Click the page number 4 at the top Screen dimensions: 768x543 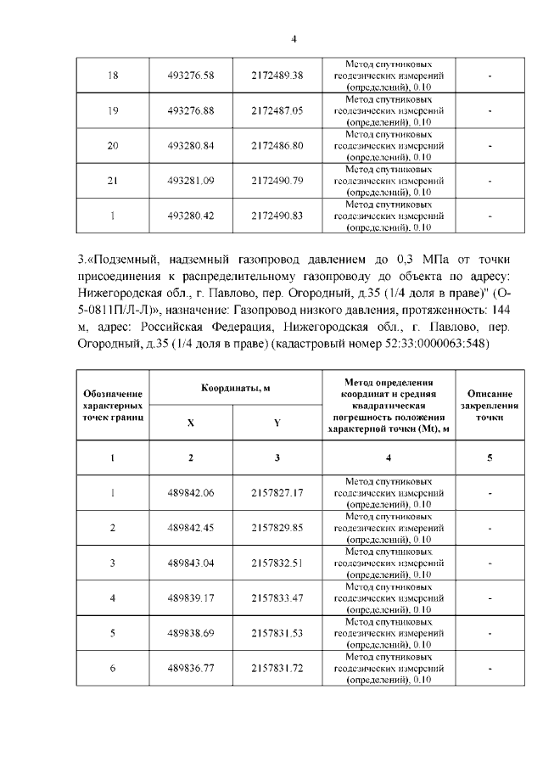[294, 37]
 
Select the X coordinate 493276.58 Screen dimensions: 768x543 [191, 76]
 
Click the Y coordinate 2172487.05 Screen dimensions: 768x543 [277, 110]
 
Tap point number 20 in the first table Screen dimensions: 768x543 [112, 145]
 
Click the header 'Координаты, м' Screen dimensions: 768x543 [235, 388]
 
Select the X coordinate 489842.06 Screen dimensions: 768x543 [191, 492]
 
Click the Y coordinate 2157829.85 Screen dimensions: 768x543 [277, 527]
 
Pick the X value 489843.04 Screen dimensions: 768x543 [191, 563]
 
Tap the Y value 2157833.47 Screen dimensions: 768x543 [277, 597]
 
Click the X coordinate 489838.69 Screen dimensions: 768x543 [191, 633]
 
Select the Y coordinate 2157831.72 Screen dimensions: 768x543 [277, 668]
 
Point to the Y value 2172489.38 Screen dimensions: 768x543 [277, 76]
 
